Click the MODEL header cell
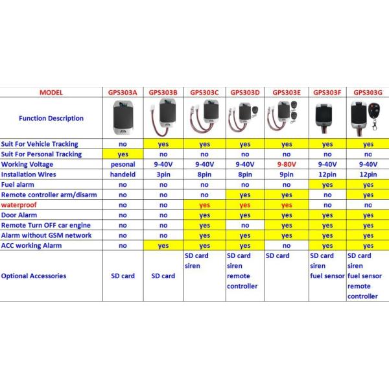click(x=51, y=92)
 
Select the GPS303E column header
click(x=287, y=92)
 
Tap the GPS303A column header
click(x=123, y=92)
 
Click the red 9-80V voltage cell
click(x=287, y=164)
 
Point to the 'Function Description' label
click(x=51, y=118)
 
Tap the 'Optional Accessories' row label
click(x=34, y=276)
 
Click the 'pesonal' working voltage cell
click(x=123, y=164)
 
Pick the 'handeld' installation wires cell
click(x=123, y=174)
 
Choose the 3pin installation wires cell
click(x=163, y=174)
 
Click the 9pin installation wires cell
click(x=287, y=174)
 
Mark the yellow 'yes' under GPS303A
click(x=123, y=154)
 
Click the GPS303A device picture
click(x=123, y=118)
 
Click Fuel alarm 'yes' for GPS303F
click(x=327, y=184)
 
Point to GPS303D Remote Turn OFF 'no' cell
click(x=245, y=225)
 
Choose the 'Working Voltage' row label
click(x=30, y=164)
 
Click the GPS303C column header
click(x=204, y=92)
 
